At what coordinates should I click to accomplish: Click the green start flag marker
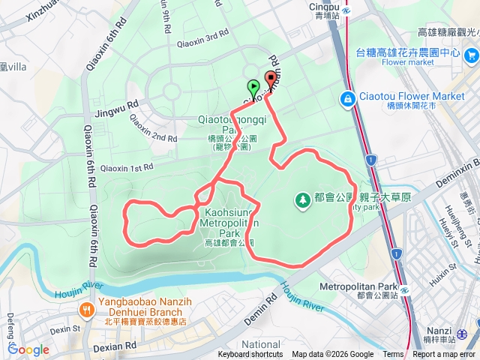tap(253, 86)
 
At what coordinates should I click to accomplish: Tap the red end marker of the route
tap(270, 79)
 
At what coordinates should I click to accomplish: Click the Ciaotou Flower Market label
tap(412, 96)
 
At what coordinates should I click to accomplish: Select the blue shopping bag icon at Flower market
tap(472, 55)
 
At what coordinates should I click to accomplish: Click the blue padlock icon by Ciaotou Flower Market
tap(347, 98)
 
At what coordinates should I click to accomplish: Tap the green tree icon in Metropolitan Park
tap(302, 199)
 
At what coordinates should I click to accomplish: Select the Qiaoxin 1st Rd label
tap(125, 168)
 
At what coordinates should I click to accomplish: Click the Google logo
tap(28, 349)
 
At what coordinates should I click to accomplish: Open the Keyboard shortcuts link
tap(250, 355)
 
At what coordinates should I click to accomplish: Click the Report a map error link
tap(445, 355)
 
